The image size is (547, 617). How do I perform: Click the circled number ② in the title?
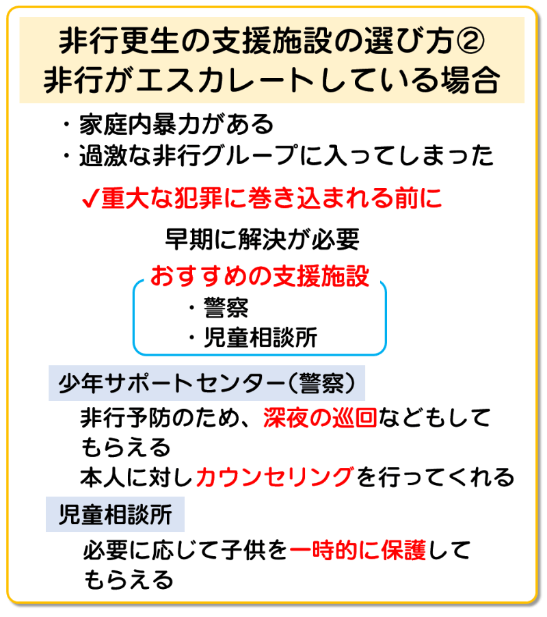[470, 42]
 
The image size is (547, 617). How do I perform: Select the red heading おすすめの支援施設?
[260, 276]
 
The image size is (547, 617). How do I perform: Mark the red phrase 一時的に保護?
[358, 549]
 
